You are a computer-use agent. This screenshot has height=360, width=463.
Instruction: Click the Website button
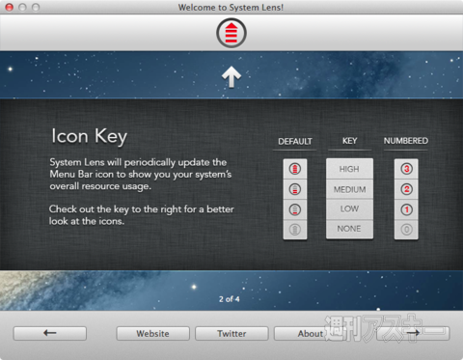click(152, 334)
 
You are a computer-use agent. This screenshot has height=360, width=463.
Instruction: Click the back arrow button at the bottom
click(49, 334)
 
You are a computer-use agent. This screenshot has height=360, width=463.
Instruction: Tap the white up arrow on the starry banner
click(231, 77)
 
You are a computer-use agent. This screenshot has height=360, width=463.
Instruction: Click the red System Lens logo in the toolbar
click(231, 33)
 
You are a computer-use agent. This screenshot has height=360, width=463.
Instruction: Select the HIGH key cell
click(349, 169)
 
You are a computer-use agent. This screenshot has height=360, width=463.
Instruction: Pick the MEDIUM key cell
click(349, 189)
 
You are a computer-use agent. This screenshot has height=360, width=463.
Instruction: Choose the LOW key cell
click(349, 208)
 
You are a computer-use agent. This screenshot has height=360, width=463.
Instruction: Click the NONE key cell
click(349, 229)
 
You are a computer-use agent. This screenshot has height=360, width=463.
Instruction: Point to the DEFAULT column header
click(295, 141)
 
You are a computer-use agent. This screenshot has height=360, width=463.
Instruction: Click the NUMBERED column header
click(406, 141)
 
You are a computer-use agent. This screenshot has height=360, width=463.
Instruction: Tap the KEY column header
click(349, 141)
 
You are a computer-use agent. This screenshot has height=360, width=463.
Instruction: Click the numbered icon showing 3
click(406, 169)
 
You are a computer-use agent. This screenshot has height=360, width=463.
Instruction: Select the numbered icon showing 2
click(406, 189)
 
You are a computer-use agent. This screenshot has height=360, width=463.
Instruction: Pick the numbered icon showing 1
click(406, 208)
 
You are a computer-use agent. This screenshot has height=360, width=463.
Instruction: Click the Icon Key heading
click(89, 136)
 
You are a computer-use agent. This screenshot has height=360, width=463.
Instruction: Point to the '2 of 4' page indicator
click(230, 299)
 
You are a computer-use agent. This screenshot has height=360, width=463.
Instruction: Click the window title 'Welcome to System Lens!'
click(231, 7)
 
